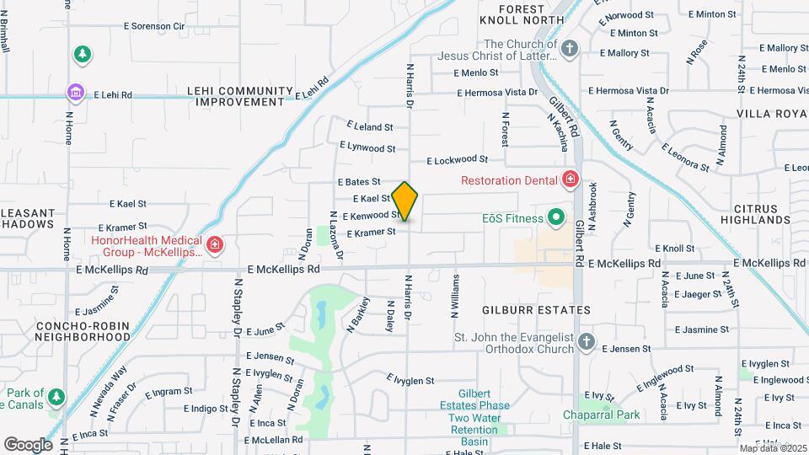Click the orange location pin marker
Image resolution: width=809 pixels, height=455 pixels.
405,201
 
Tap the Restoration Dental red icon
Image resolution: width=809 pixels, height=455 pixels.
571,179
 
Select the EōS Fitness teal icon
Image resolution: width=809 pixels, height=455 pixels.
556,217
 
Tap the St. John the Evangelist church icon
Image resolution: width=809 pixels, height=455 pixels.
587,343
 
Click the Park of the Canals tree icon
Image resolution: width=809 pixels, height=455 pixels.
56,396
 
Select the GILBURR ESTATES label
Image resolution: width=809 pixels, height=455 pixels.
536,310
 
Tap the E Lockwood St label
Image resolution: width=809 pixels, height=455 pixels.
458,159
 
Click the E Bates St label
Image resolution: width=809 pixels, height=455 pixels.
360,182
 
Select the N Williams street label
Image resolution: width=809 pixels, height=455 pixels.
456,296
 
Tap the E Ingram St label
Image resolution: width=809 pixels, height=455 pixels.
169,392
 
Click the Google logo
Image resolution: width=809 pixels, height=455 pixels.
27,444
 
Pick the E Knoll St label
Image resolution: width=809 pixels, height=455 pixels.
673,249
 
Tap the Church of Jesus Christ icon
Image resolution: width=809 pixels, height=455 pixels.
570,49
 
